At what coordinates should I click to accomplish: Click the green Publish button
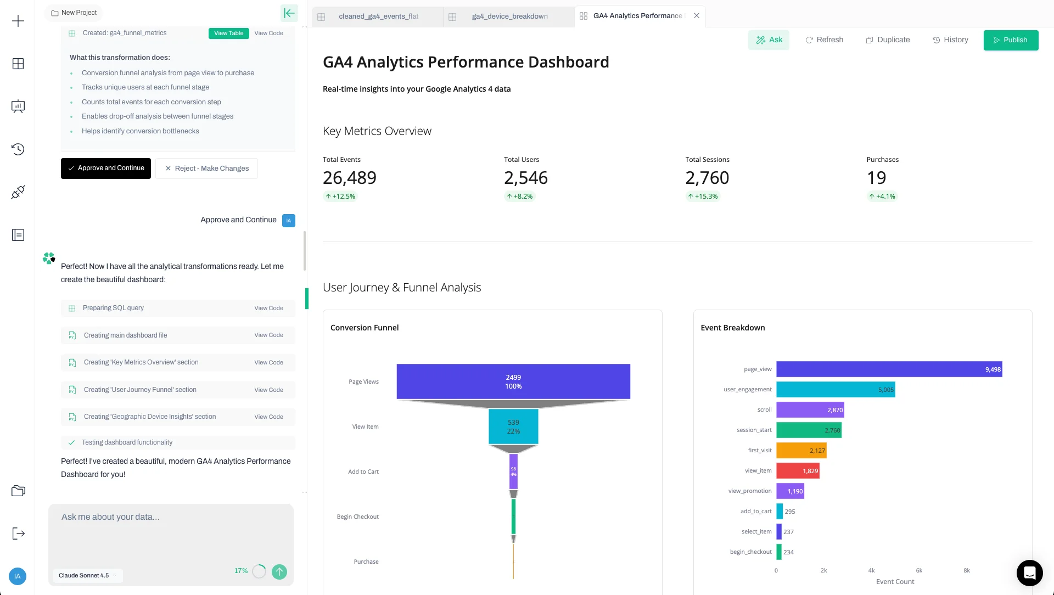click(x=1010, y=40)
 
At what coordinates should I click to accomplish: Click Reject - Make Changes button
click(x=206, y=169)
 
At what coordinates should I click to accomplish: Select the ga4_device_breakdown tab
click(x=509, y=16)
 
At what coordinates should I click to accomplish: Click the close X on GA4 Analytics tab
click(x=697, y=16)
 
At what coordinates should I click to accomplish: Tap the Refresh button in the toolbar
click(x=824, y=40)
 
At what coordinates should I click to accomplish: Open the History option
click(x=950, y=40)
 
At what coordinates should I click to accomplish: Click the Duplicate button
click(x=888, y=40)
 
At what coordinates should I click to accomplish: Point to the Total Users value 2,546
click(x=525, y=178)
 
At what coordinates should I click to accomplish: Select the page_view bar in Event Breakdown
click(x=889, y=369)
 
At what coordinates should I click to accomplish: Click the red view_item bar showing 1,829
click(x=797, y=471)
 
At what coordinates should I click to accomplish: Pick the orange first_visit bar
click(x=801, y=451)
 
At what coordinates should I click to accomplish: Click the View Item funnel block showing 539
click(x=513, y=426)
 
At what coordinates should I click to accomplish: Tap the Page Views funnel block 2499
click(x=513, y=381)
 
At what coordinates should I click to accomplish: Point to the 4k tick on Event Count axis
click(x=871, y=571)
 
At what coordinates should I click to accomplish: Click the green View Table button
click(x=228, y=33)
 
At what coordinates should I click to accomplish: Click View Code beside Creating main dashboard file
click(x=268, y=335)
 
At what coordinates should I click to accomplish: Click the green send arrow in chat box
click(x=279, y=572)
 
